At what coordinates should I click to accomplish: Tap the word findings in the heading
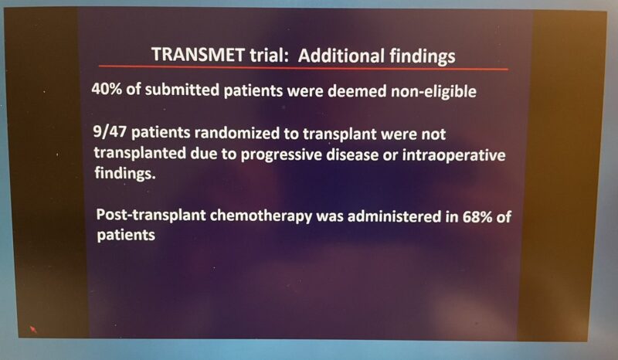418,56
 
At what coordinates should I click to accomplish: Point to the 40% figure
106,90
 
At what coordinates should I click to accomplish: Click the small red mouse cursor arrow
32,329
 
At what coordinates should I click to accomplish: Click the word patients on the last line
127,237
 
